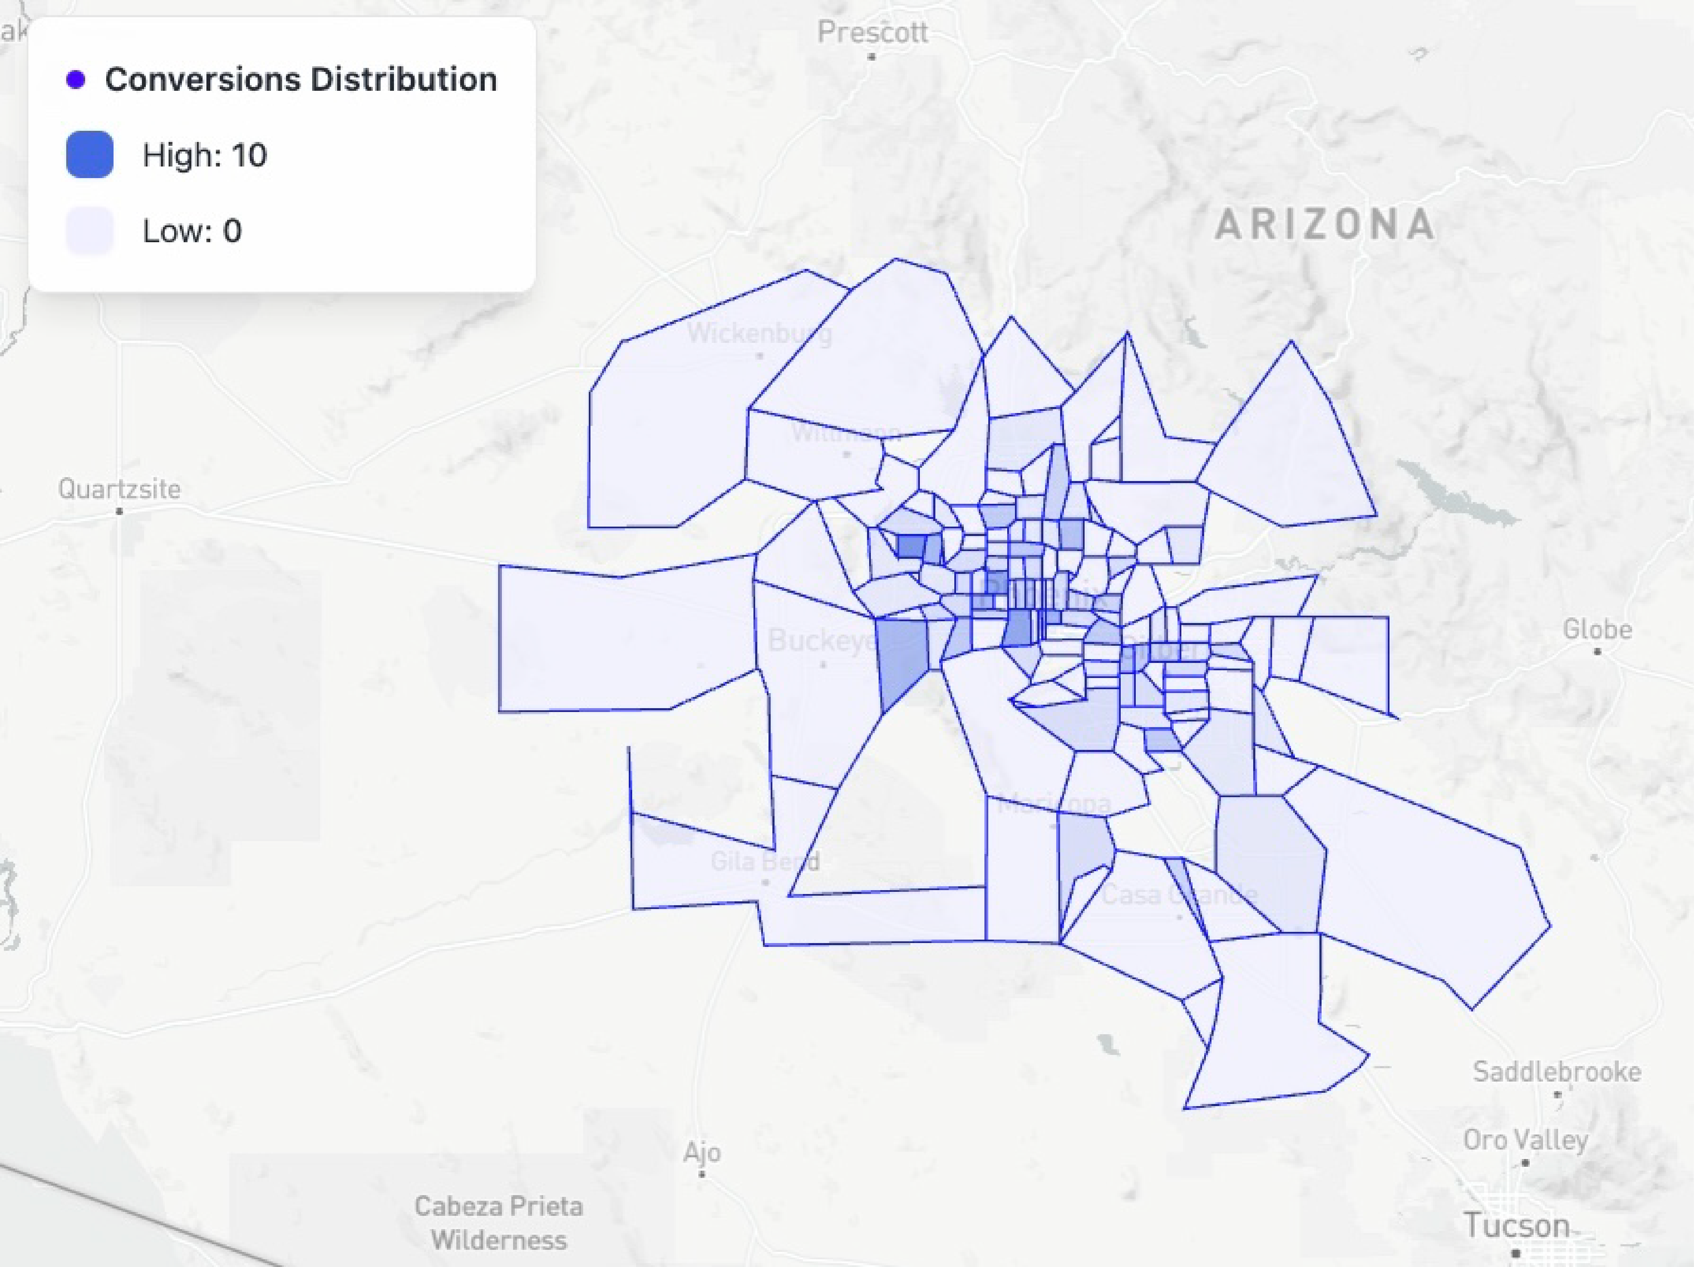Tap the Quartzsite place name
[120, 489]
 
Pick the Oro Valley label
[1525, 1140]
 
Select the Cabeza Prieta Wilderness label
[498, 1223]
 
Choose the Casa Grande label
[1179, 894]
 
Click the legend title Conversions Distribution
[300, 80]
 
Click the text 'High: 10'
[204, 155]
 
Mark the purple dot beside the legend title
[76, 80]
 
